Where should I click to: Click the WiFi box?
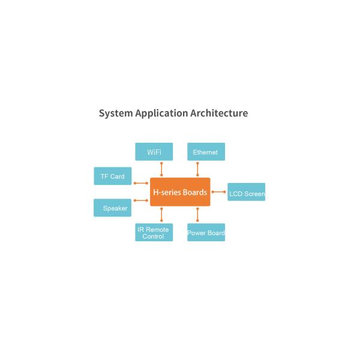click(x=154, y=152)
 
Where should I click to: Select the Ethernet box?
click(x=206, y=152)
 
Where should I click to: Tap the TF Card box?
click(x=112, y=176)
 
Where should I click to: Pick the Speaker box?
click(x=112, y=208)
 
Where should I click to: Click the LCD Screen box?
click(x=246, y=193)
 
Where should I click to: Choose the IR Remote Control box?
click(x=154, y=233)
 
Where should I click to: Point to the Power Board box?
click(x=206, y=233)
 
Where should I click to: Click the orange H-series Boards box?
click(x=180, y=192)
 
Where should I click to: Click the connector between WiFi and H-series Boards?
click(x=161, y=169)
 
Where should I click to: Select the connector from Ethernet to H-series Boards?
click(x=197, y=169)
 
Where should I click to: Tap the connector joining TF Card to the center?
click(x=140, y=183)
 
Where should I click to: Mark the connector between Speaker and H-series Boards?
click(x=140, y=200)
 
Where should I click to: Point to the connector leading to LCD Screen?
click(x=218, y=192)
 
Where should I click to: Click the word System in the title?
click(x=115, y=113)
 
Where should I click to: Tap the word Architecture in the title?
click(x=219, y=113)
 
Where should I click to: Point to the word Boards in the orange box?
click(x=194, y=192)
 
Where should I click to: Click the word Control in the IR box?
click(x=154, y=236)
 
